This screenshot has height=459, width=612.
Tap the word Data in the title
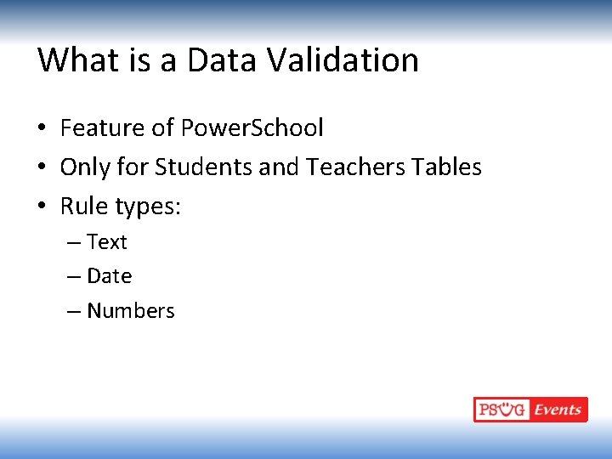(223, 60)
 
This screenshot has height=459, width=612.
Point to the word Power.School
(252, 128)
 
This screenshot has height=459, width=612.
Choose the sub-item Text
(107, 242)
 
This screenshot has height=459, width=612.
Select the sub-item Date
(110, 276)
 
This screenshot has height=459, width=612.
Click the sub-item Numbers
(131, 311)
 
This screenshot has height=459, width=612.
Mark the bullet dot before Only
(42, 168)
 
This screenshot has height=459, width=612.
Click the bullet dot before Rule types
(42, 207)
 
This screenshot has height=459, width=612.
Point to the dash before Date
(74, 277)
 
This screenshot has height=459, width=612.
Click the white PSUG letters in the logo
(501, 410)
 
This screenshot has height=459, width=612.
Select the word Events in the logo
(558, 410)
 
